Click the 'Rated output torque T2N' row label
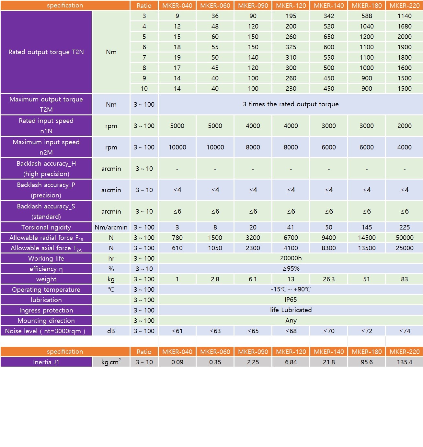click(46, 52)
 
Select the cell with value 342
click(329, 16)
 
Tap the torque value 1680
click(405, 26)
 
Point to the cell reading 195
click(291, 16)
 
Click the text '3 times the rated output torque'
click(291, 104)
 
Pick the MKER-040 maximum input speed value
click(177, 147)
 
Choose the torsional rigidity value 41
click(291, 227)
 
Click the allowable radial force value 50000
click(405, 238)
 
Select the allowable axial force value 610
click(177, 248)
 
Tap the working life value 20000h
click(291, 258)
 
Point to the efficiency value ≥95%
click(291, 268)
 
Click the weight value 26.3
click(329, 279)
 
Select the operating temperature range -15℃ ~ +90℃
click(291, 289)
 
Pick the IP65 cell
click(291, 300)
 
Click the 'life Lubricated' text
click(291, 310)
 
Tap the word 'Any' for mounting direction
click(291, 320)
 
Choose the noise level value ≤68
click(291, 331)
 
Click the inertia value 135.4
click(405, 362)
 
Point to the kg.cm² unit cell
click(111, 362)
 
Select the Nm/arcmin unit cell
click(111, 227)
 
